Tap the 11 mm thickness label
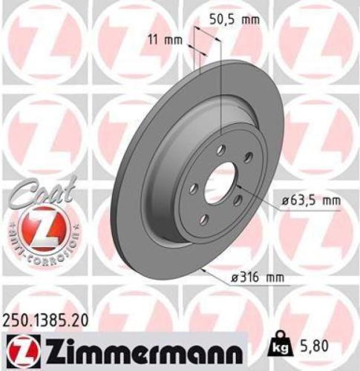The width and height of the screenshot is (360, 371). click(x=173, y=40)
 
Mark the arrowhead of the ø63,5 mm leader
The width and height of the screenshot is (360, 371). click(x=239, y=188)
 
